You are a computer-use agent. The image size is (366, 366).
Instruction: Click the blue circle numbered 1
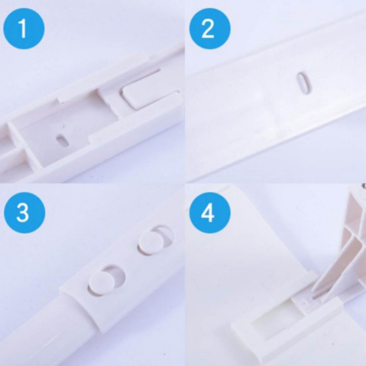click(x=24, y=28)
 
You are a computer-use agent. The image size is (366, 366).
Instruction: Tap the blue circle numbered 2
click(x=210, y=28)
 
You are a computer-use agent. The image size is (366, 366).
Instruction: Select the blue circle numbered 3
click(x=24, y=212)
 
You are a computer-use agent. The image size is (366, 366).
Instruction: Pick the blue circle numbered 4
click(x=210, y=212)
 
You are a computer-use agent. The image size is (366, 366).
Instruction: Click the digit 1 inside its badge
click(x=23, y=28)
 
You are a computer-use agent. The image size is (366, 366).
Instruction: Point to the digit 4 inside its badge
click(x=208, y=213)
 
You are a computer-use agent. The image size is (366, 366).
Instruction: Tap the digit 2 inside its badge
click(x=208, y=28)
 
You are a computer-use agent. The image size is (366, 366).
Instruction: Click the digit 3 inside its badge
click(x=23, y=213)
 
